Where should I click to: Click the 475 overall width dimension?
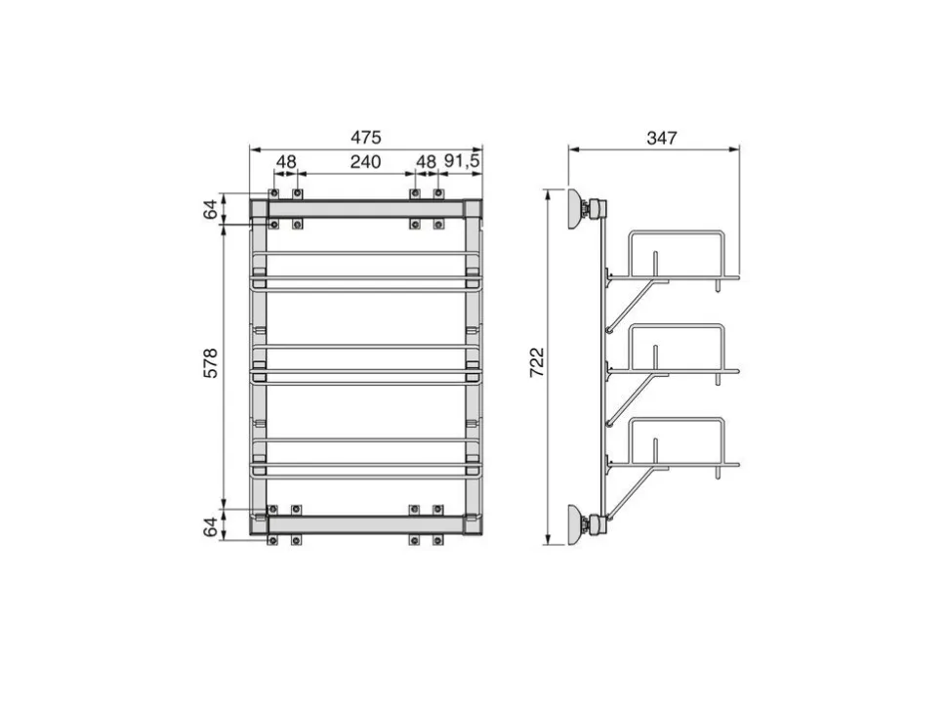366,138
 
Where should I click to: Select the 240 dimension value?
366,162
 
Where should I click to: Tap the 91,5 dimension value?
462,161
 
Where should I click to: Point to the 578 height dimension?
210,363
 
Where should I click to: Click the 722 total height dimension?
537,362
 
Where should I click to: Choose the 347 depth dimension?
662,139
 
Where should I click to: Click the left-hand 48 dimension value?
286,162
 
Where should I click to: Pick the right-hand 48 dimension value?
426,162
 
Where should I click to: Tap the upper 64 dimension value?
210,209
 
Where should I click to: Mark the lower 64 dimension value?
210,526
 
